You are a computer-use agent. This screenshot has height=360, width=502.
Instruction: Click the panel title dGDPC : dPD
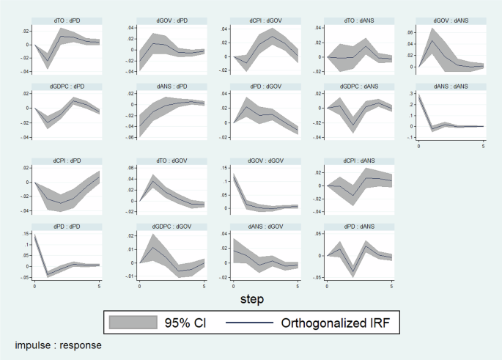click(x=67, y=87)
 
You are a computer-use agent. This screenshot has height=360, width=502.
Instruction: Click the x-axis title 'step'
click(x=250, y=299)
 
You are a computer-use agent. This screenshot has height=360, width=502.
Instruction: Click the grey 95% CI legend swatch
click(x=133, y=321)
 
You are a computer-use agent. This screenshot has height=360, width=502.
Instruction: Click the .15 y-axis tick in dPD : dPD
click(x=26, y=236)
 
